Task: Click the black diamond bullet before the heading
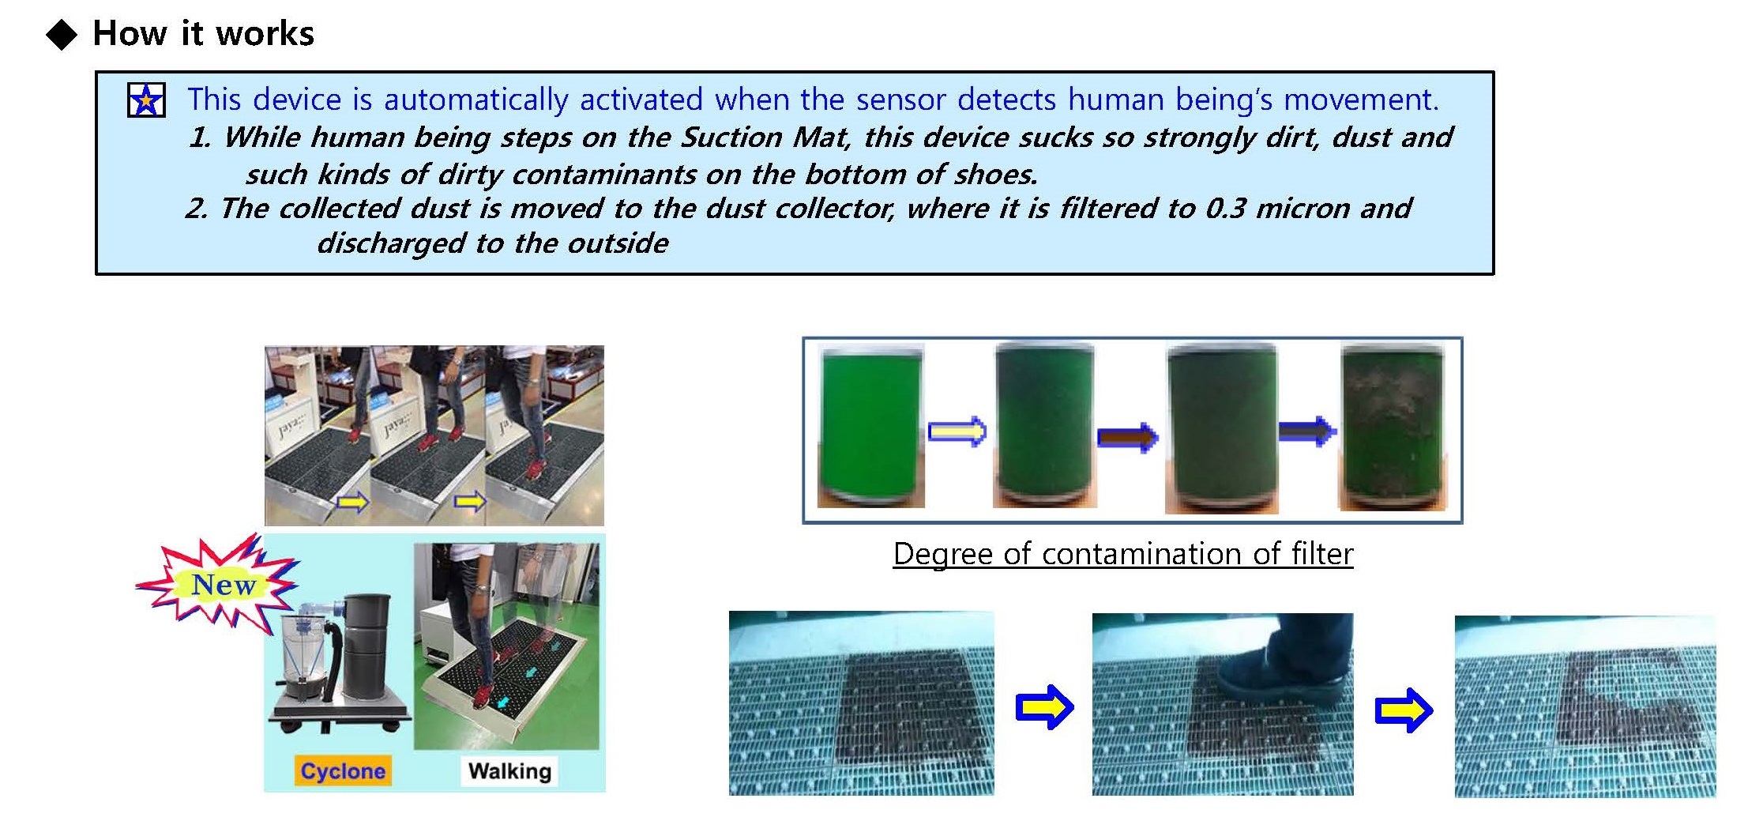click(62, 35)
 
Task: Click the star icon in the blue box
click(146, 100)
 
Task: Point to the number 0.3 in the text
click(1226, 208)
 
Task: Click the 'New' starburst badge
click(219, 583)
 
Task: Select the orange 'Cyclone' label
click(343, 770)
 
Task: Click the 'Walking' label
click(509, 770)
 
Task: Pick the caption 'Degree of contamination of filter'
click(1123, 554)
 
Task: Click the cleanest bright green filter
click(870, 425)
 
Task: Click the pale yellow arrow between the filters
click(957, 431)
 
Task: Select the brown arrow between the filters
click(1127, 436)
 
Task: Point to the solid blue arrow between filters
click(1307, 431)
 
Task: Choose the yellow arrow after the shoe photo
click(1404, 710)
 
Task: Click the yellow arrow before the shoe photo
click(1044, 706)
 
